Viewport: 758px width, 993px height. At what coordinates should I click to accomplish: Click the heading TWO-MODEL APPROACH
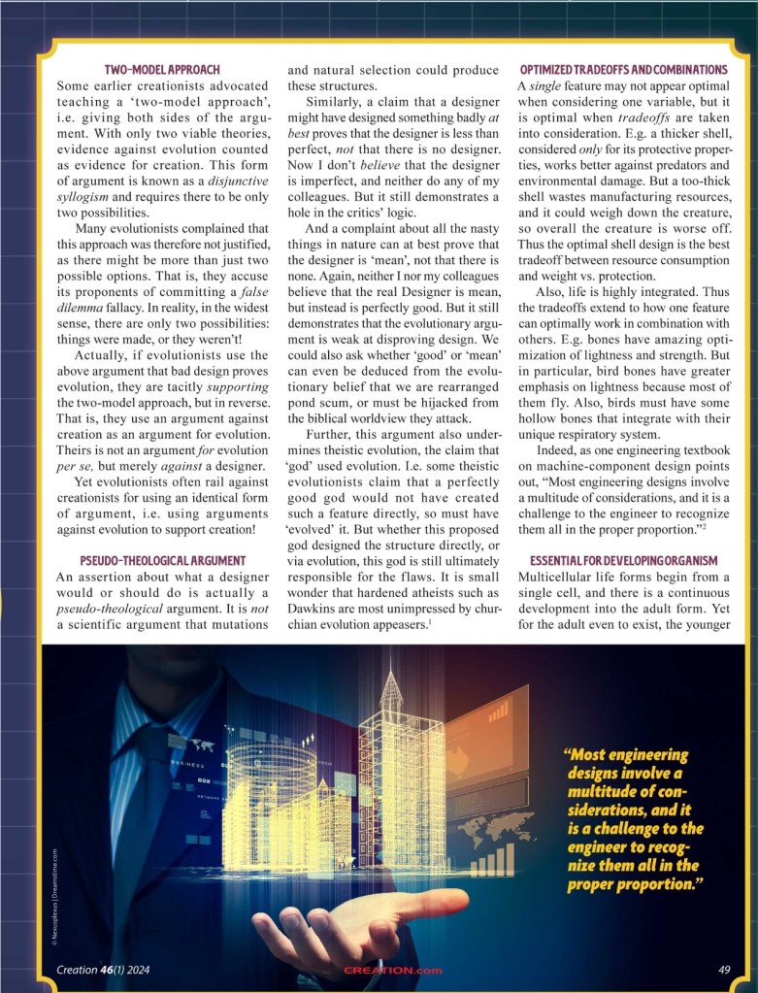162,70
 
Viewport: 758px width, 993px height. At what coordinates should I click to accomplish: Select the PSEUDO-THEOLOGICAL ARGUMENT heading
162,561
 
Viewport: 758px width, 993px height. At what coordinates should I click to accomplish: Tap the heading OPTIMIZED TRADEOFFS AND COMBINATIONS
623,70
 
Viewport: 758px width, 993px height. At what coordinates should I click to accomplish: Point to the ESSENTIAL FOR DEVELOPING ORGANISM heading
623,561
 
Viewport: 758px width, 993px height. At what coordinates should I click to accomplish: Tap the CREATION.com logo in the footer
393,970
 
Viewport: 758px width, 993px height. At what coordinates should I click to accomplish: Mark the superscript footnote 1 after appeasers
430,621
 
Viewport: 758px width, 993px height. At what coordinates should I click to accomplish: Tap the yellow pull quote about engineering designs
636,821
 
